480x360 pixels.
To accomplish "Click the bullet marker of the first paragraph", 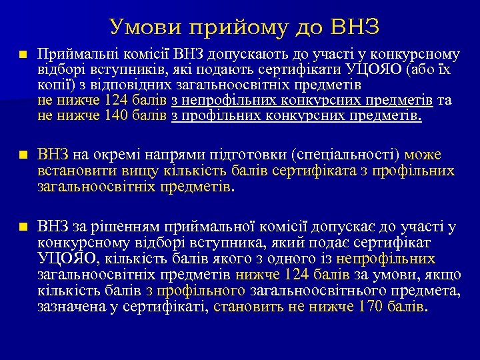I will coord(23,53).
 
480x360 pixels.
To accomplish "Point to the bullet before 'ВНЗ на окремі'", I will coord(23,155).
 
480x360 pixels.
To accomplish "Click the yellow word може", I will coord(422,155).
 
